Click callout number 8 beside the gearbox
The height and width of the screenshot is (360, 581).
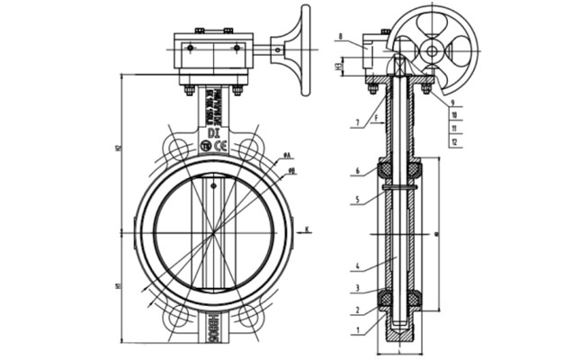tap(341, 37)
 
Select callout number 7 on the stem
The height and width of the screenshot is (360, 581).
tap(357, 122)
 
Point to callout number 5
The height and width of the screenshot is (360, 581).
tap(357, 199)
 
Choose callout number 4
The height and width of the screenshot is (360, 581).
tap(357, 267)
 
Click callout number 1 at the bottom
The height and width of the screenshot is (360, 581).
tap(357, 331)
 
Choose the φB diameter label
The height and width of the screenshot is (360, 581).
tap(292, 170)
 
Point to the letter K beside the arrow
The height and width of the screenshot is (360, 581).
tap(308, 229)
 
